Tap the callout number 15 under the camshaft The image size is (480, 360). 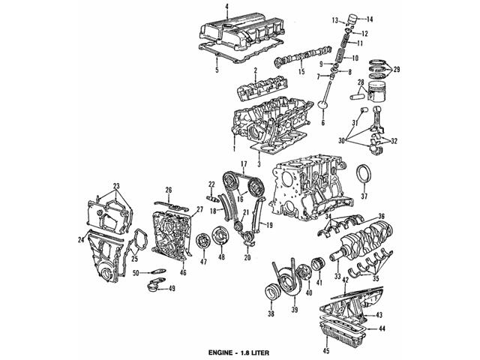(300, 72)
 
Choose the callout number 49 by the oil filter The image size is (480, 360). (172, 289)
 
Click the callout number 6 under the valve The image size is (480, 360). (323, 124)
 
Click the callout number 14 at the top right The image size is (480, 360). (369, 18)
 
